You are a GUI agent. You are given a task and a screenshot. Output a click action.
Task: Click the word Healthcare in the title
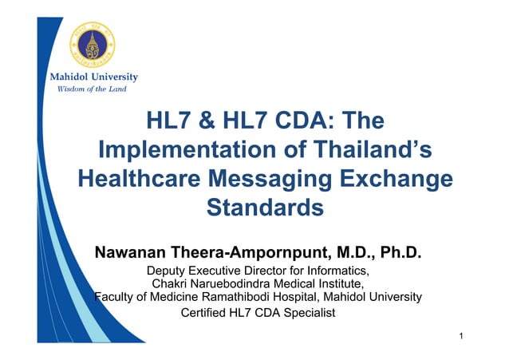152,179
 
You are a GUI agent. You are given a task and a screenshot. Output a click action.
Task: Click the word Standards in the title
264,208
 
